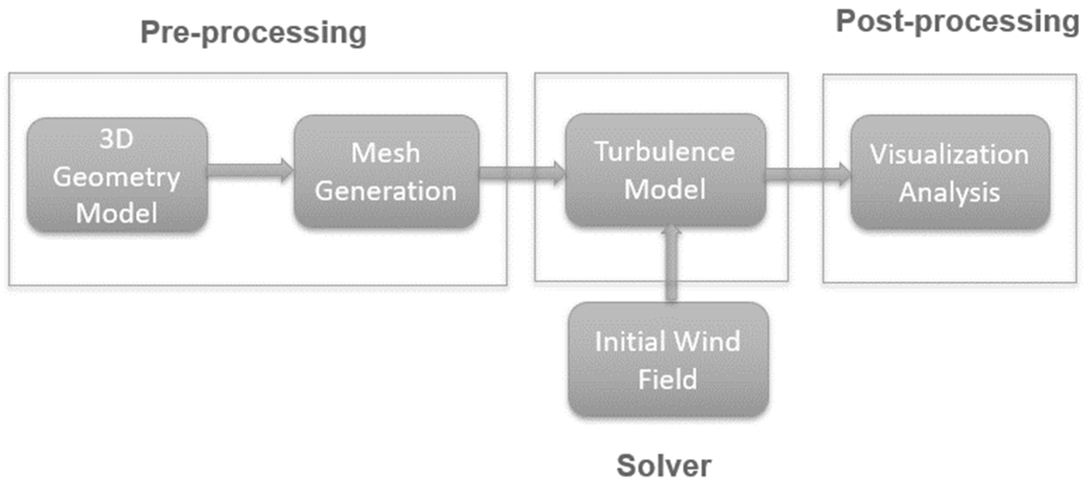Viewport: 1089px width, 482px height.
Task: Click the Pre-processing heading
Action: (x=253, y=33)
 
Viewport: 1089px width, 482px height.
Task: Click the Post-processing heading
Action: (x=957, y=22)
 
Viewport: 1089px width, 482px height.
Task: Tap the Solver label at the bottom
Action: (x=664, y=465)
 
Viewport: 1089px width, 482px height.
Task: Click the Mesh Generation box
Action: (x=386, y=171)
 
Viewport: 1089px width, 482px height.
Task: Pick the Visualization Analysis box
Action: (x=950, y=172)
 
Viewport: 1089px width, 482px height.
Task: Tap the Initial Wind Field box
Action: (x=668, y=360)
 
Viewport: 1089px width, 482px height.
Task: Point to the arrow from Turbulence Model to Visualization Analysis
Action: (x=807, y=174)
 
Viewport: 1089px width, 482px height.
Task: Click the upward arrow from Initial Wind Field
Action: (x=671, y=264)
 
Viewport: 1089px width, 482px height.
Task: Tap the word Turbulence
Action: (x=664, y=152)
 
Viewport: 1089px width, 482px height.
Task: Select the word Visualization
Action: (x=949, y=154)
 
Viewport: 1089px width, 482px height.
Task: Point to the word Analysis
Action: (x=949, y=193)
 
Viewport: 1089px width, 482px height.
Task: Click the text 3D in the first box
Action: (x=116, y=139)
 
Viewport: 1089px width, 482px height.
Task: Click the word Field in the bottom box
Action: (x=667, y=379)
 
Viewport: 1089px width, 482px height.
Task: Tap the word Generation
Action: (x=386, y=191)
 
